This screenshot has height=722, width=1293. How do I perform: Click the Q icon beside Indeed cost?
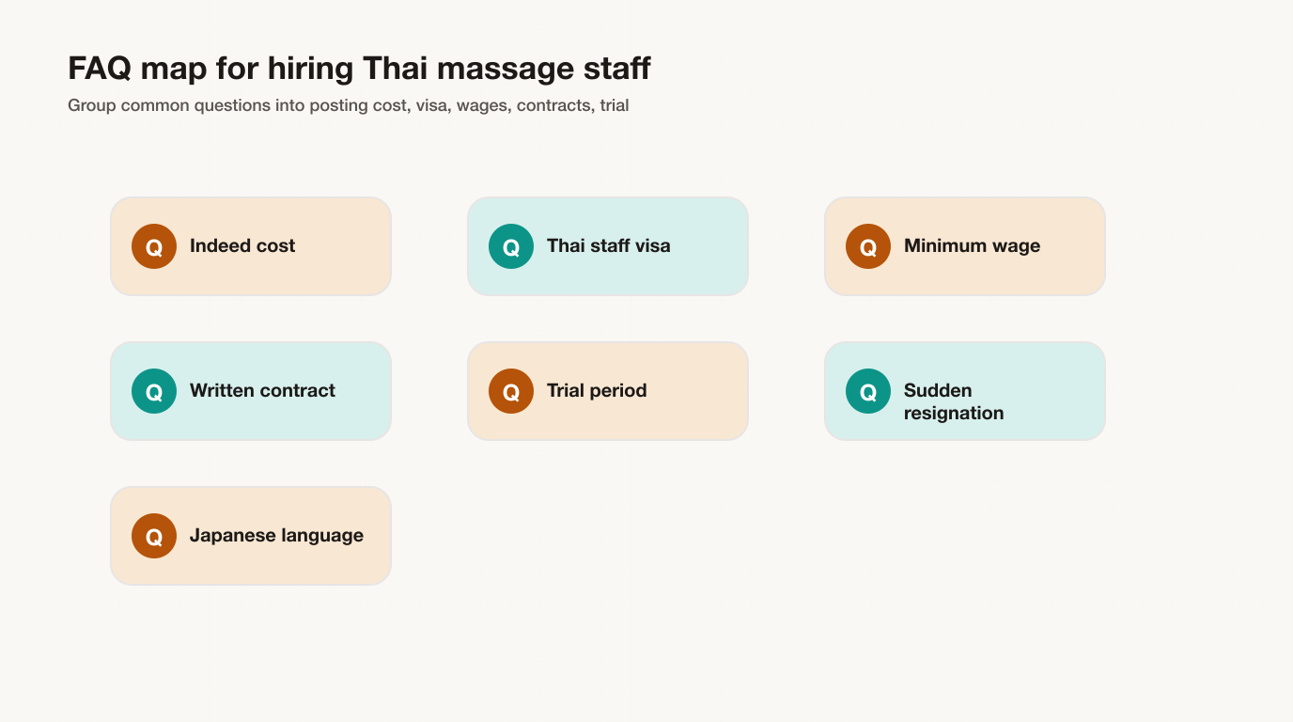click(154, 246)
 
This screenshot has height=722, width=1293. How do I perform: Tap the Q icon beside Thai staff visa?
click(511, 246)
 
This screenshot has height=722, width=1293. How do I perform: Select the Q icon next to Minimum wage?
click(868, 246)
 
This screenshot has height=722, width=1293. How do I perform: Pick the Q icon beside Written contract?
click(154, 391)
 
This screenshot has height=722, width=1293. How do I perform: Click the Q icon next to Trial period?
click(511, 391)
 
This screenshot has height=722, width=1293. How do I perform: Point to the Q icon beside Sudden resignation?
click(868, 391)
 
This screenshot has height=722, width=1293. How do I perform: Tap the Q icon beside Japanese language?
click(154, 536)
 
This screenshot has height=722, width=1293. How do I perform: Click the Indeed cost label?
click(242, 246)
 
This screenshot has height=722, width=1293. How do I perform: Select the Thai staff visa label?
click(608, 246)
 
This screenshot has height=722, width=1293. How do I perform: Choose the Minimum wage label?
click(972, 246)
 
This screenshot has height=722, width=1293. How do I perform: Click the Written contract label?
click(263, 390)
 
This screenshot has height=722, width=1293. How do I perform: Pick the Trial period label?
click(597, 391)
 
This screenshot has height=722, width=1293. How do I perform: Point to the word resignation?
click(954, 414)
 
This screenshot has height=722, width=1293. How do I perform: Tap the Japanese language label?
click(276, 536)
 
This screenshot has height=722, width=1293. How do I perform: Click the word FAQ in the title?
click(100, 69)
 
